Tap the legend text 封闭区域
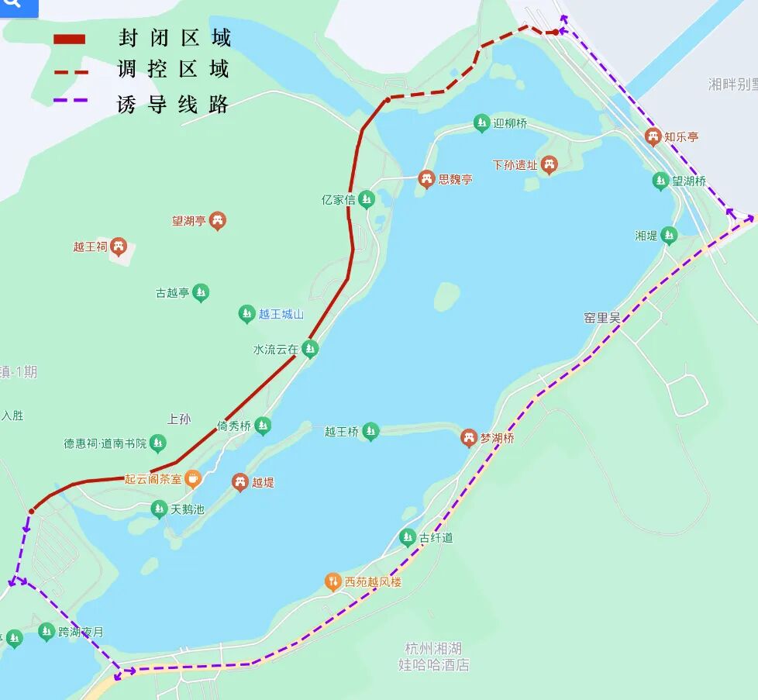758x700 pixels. tap(174, 37)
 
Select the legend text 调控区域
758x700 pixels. tap(174, 69)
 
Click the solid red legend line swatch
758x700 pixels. tap(69, 39)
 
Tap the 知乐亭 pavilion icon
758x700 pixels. tap(653, 137)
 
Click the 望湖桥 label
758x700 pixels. tap(689, 181)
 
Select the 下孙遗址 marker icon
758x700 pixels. tap(549, 164)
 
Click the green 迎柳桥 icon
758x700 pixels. tap(482, 123)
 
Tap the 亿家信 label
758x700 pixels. tap(338, 200)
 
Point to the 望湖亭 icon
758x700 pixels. tap(218, 222)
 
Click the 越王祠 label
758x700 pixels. tap(89, 247)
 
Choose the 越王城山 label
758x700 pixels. tap(281, 315)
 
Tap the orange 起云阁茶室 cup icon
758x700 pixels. tap(192, 479)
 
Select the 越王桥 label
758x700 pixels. tap(341, 432)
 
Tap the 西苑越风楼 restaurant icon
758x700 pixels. tap(332, 581)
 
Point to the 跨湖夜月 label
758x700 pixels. tap(81, 633)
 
